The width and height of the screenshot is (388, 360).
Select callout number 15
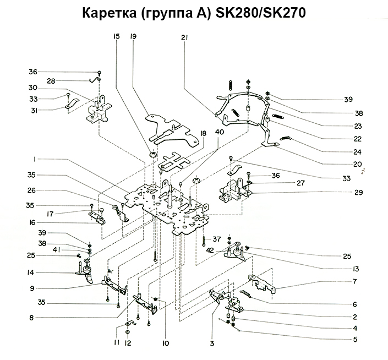click(116, 37)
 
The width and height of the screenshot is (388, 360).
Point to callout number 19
click(133, 37)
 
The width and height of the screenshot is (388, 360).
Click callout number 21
click(184, 37)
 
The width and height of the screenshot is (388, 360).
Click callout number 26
click(33, 191)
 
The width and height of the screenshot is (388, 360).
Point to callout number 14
click(32, 272)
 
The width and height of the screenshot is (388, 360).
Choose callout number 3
click(211, 345)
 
